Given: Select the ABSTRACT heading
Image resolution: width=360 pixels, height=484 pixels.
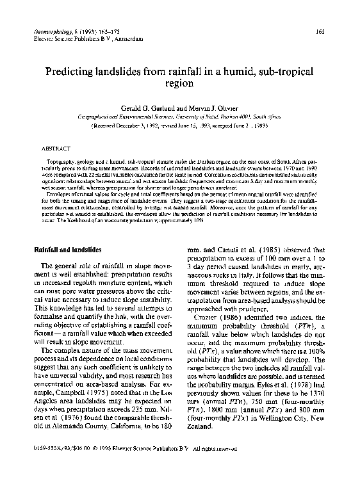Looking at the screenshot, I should point(56,147).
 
